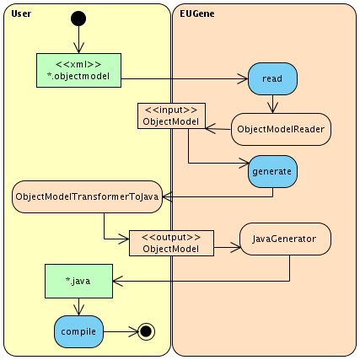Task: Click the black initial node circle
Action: [x=78, y=19]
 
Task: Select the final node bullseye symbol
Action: [x=146, y=331]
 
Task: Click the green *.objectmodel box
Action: [x=78, y=70]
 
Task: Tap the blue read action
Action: [x=272, y=78]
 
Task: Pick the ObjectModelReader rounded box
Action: [x=281, y=129]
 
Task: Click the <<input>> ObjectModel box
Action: [x=171, y=116]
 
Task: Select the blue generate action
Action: [x=272, y=171]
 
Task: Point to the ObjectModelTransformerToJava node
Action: [x=87, y=196]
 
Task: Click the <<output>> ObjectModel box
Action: [x=171, y=243]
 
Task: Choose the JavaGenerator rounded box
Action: [x=285, y=239]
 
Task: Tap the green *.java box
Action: [x=78, y=281]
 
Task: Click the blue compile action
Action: [x=78, y=331]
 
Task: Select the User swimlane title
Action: [x=21, y=13]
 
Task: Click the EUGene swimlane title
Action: [x=197, y=13]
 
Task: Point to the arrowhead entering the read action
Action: [x=243, y=78]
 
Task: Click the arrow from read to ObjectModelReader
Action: [x=272, y=104]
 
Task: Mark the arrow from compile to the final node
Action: [x=121, y=331]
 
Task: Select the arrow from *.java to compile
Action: [x=78, y=307]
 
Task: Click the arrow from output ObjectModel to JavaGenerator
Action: [x=227, y=247]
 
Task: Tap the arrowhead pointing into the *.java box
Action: [x=118, y=281]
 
